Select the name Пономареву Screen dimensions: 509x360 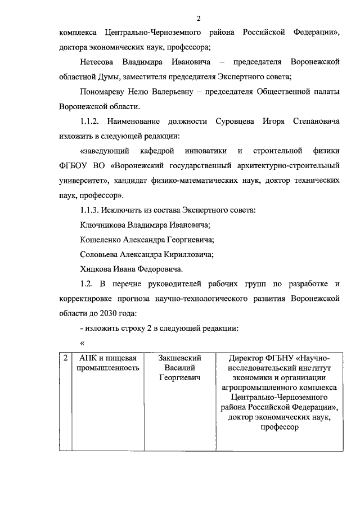(x=105, y=91)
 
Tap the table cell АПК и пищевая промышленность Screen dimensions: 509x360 (x=108, y=363)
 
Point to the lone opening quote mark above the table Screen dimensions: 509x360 (x=82, y=344)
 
